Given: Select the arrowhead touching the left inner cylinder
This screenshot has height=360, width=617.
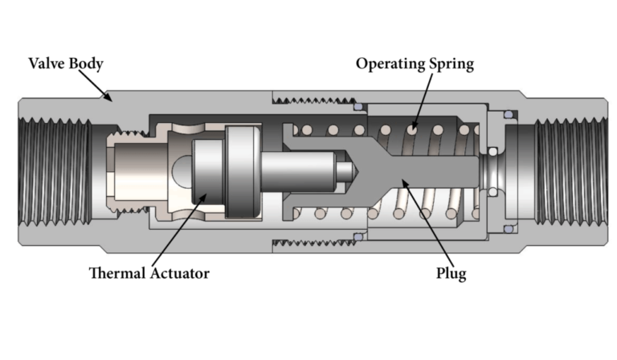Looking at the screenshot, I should [205, 196].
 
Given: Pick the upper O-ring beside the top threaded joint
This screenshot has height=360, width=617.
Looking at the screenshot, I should [358, 105].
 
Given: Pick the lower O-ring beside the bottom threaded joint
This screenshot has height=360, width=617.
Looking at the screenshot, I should [358, 238].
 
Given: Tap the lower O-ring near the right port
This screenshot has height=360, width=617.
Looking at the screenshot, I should [508, 230].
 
